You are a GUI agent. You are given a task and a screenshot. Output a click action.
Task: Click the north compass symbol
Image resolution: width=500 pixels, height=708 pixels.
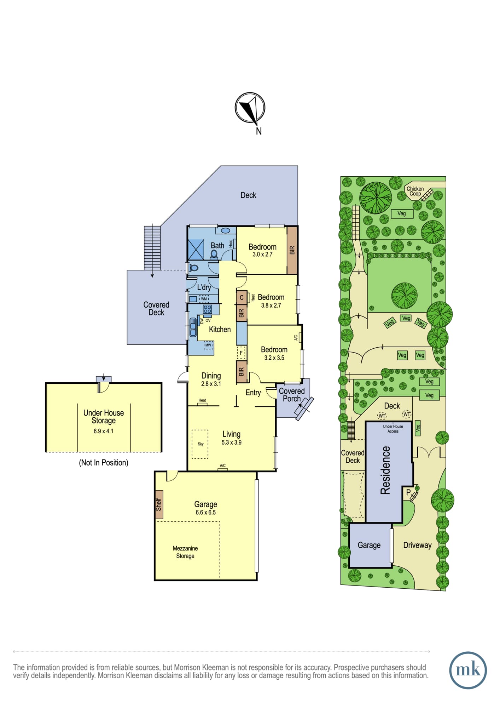(250, 108)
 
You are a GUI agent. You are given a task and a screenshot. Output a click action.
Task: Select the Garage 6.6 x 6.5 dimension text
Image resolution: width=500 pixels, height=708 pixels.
(205, 512)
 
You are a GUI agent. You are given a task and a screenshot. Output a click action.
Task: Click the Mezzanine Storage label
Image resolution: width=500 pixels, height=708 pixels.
(185, 552)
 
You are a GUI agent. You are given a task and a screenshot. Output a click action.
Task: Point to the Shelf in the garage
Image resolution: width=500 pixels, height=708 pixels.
(159, 504)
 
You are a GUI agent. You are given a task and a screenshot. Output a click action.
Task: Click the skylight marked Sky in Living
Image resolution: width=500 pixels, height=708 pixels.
(200, 444)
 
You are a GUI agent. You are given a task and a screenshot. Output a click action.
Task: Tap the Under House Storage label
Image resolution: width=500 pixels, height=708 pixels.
(104, 417)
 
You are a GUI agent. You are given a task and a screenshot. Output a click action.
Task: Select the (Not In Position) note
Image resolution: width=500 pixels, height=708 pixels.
(104, 463)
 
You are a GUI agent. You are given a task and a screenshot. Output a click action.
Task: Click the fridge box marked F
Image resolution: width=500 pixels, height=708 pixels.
(241, 353)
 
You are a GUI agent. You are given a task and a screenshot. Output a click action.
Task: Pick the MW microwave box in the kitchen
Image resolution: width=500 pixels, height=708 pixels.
(208, 345)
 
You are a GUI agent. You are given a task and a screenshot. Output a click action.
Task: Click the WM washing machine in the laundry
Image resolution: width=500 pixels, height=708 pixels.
(204, 299)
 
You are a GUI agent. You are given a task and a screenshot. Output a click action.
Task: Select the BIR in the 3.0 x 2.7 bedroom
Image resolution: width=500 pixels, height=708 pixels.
(292, 250)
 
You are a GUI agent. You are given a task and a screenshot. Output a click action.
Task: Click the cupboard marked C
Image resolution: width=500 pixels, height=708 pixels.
(242, 297)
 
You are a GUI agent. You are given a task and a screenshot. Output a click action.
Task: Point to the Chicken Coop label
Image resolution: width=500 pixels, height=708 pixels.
(415, 191)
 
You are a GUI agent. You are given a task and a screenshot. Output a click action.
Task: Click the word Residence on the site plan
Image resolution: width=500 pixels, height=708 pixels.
(385, 470)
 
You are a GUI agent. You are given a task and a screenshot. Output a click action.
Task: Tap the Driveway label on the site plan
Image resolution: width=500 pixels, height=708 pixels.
(417, 545)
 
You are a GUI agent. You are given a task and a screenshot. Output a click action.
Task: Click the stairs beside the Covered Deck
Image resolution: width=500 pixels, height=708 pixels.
(152, 248)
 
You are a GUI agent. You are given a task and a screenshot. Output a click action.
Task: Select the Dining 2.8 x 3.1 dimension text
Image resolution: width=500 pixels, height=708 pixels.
(211, 384)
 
